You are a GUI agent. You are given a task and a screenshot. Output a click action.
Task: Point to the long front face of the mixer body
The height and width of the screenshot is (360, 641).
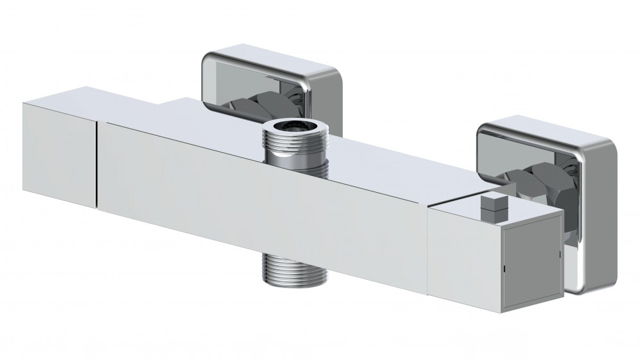point(256,192)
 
